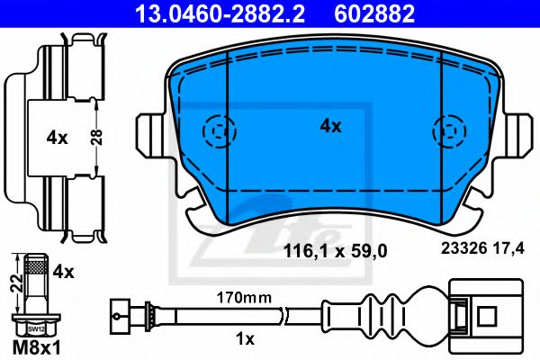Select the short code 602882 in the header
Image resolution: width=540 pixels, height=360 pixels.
pos(375,13)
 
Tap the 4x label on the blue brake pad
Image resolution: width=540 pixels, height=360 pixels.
pos(331,127)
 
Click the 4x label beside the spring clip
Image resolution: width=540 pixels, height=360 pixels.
pos(58,138)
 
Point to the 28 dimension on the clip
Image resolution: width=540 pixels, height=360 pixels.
pos(104,138)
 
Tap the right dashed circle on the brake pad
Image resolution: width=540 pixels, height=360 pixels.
pos(447,130)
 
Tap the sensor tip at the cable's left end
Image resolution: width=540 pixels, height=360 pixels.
pos(118,315)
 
